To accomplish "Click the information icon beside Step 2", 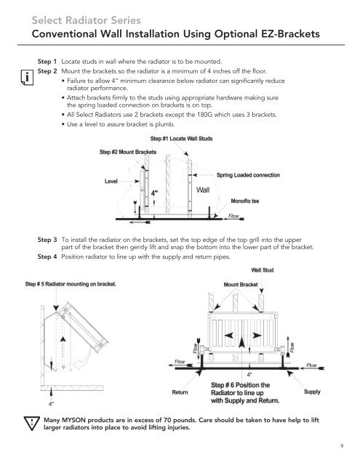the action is [27, 78].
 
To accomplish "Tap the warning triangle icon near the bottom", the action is [31, 424].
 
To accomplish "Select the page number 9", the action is [342, 446].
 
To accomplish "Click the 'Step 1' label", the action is [47, 62].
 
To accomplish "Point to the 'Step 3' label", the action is [47, 240].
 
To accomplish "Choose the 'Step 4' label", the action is [47, 256].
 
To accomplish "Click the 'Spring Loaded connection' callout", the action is [248, 175].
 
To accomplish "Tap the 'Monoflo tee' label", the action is [245, 201].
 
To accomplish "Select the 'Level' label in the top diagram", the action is [111, 181].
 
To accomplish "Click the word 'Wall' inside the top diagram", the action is [203, 190].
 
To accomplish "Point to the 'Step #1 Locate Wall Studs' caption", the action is [181, 139].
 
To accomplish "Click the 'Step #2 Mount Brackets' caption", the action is [128, 152].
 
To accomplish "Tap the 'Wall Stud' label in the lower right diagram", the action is [263, 270].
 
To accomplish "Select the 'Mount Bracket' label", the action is [241, 284].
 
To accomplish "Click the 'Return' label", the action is [180, 392].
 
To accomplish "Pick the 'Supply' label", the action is [312, 392].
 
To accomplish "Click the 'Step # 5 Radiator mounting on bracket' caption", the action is [71, 284].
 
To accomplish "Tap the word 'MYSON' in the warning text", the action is [73, 420].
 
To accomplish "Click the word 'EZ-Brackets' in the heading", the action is [291, 34].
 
